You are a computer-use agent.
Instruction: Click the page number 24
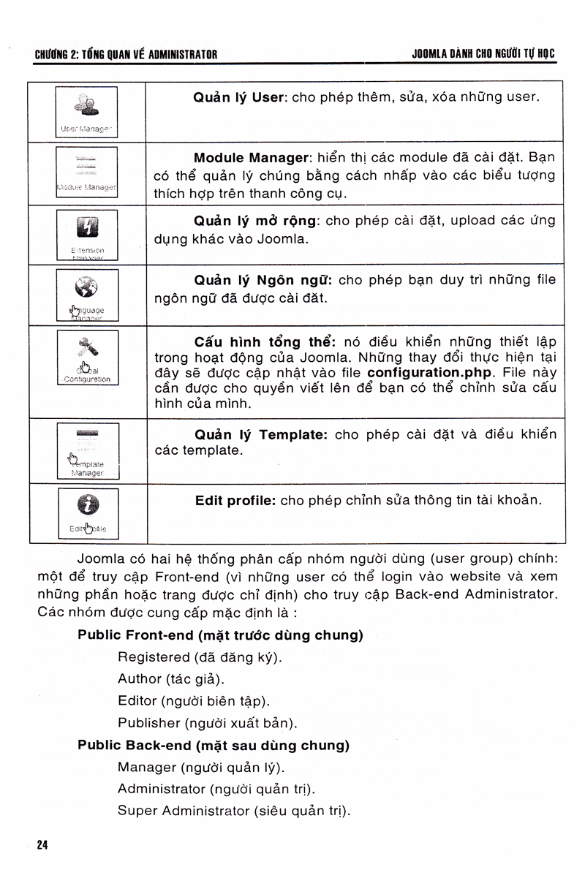tap(42, 845)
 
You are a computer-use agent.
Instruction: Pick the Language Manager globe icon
tap(88, 286)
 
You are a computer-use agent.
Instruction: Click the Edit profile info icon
tap(88, 504)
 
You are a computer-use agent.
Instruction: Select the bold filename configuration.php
tap(430, 371)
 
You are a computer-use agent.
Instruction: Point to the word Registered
tap(154, 656)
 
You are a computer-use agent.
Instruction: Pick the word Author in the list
tap(140, 678)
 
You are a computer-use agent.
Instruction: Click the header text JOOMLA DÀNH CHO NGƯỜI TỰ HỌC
tap(483, 54)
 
